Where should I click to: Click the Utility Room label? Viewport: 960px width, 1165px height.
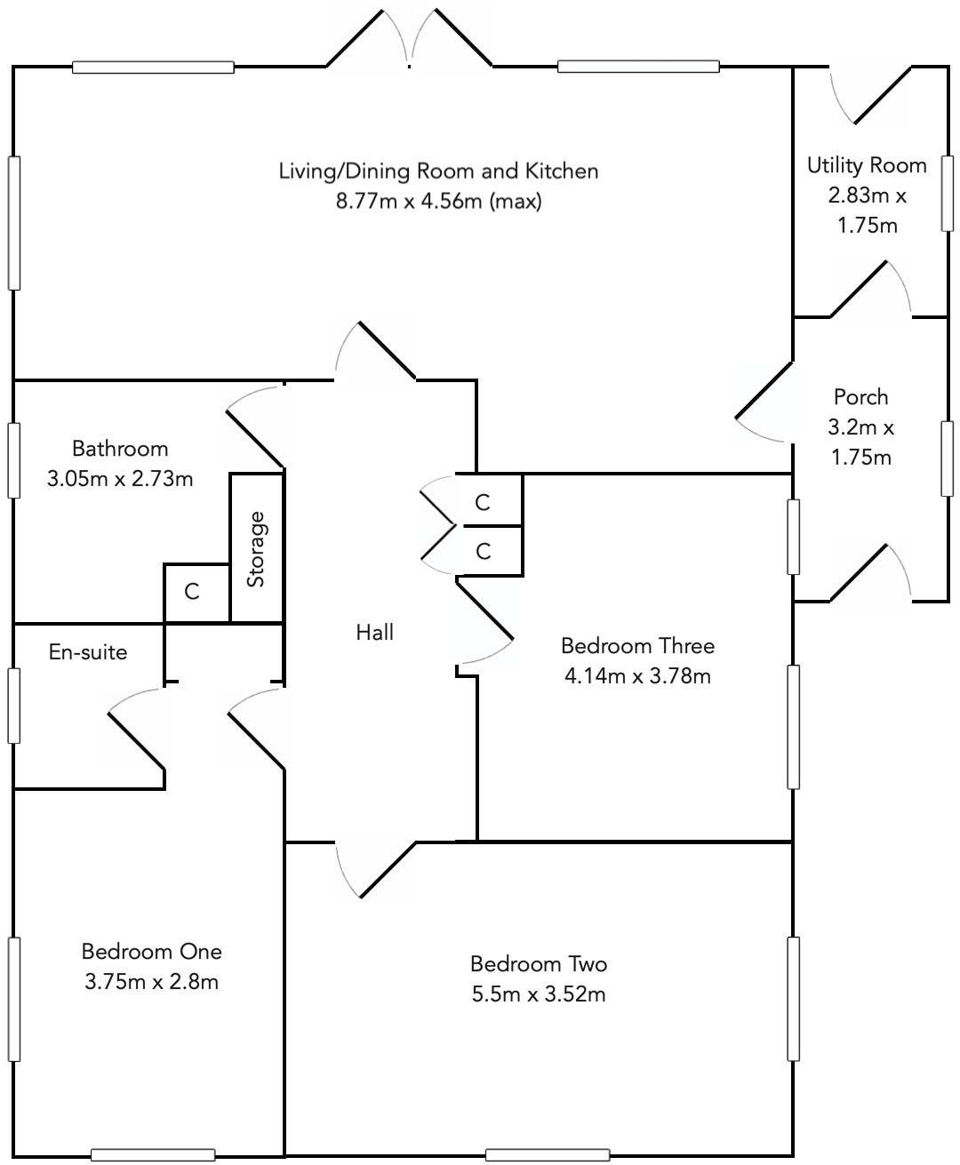tap(866, 165)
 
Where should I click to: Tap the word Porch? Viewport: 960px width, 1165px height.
tap(860, 397)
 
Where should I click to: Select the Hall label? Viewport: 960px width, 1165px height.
tap(374, 633)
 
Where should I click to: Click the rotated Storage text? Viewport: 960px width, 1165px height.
tap(257, 549)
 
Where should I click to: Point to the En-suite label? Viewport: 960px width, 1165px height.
tap(87, 652)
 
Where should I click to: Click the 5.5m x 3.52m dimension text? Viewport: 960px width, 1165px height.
tap(539, 994)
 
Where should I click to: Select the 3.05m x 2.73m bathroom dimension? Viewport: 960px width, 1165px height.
tap(120, 479)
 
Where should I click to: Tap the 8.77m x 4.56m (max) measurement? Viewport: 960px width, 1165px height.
tap(438, 201)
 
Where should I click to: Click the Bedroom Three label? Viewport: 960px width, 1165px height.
tap(637, 646)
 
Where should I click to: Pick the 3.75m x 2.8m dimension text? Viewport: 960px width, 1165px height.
tap(152, 982)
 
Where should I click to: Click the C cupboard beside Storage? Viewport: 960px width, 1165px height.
tap(192, 592)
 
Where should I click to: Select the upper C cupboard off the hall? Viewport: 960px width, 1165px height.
tap(483, 503)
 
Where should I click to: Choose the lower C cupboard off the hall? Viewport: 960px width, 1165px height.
tap(483, 552)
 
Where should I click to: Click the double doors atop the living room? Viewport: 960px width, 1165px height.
tap(410, 40)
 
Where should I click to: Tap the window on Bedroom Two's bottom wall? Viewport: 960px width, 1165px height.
tap(548, 1155)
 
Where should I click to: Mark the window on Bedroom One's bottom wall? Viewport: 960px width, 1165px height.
tap(153, 1155)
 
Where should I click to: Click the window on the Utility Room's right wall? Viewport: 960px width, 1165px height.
tap(948, 193)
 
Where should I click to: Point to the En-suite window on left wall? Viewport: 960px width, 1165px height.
tap(13, 704)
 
